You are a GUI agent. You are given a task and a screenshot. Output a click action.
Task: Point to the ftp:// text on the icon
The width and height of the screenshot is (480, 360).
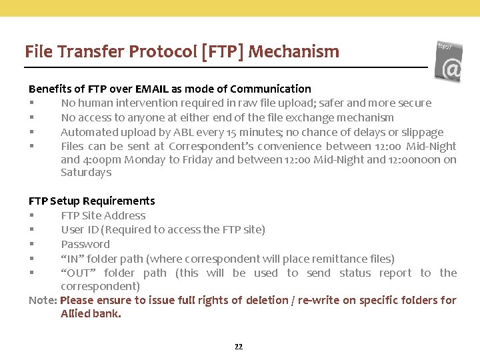pos(445,47)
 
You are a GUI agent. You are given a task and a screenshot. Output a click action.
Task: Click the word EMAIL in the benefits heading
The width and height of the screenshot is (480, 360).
pos(152,89)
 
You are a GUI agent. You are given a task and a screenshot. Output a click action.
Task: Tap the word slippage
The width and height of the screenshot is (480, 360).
pos(421,132)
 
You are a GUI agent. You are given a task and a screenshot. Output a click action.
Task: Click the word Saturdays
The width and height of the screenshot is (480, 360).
pos(86,173)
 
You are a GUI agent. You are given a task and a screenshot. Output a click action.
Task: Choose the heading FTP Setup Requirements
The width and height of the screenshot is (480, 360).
pos(91,201)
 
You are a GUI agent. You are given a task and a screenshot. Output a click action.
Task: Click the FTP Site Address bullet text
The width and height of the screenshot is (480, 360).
pos(103,215)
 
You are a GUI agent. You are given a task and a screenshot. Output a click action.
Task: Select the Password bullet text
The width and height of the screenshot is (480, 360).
pos(85,244)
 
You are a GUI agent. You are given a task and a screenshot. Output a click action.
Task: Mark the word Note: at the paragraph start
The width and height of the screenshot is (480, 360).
pos(43,301)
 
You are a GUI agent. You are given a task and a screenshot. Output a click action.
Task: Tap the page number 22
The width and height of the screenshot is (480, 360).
pos(239,347)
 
